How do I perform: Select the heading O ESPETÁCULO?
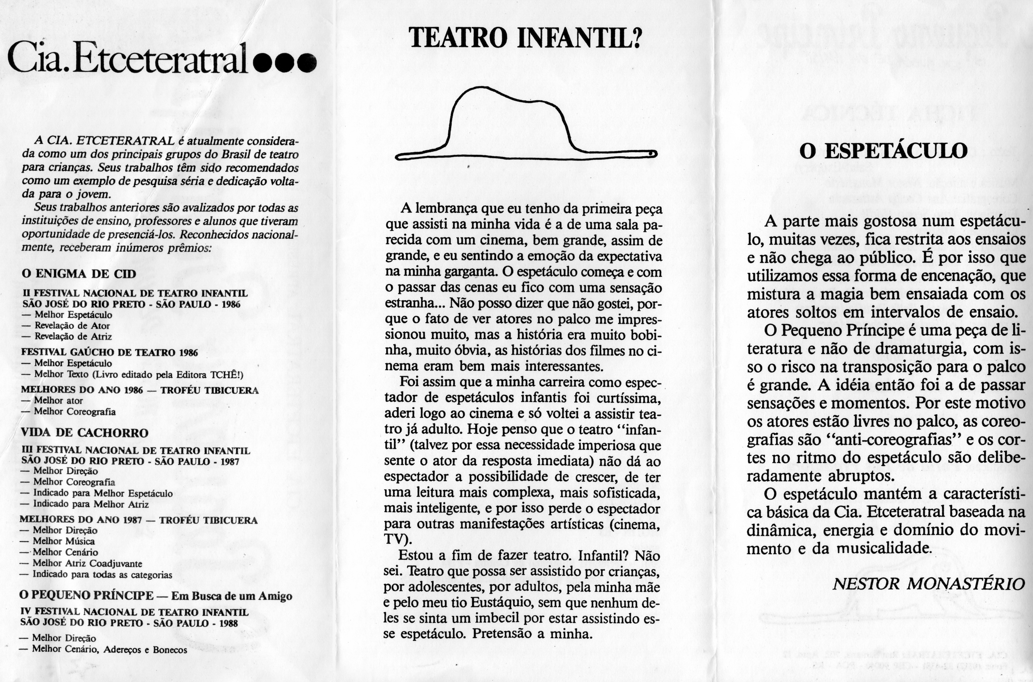coord(883,151)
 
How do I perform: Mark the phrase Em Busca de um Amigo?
coord(232,596)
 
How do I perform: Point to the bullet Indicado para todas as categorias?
coord(102,574)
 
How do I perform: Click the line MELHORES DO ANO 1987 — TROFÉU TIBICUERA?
coord(138,520)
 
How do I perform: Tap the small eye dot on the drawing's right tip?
coord(652,153)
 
